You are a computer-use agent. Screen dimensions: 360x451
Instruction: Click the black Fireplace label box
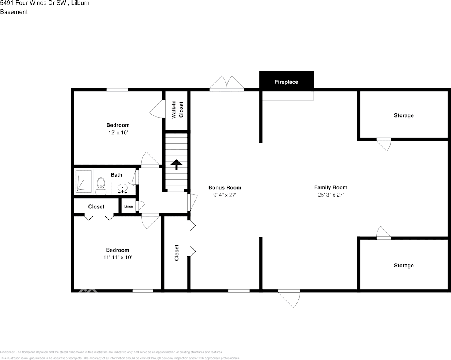coord(286,82)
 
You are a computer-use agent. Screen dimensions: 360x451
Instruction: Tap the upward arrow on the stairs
coord(176,164)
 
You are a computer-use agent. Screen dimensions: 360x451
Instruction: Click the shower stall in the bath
coord(84,181)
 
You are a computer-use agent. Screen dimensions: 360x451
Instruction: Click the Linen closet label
coord(129,206)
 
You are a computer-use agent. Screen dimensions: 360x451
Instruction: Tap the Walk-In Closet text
coord(177,110)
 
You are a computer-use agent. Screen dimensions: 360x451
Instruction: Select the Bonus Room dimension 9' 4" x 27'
coord(225,195)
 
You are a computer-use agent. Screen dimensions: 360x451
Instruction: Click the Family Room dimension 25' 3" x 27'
coord(331,195)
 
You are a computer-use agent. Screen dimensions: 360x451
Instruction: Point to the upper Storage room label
coord(404,115)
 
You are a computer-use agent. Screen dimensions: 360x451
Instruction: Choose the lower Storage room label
coord(404,266)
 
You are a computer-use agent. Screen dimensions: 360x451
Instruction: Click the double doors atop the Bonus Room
coord(227,84)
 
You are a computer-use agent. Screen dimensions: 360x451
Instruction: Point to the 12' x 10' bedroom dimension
coord(118,133)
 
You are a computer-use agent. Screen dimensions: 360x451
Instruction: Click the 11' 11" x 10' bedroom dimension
coord(118,258)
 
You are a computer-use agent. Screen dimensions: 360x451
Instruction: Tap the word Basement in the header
coord(14,12)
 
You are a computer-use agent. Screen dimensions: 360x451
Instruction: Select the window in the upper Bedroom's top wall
coord(117,90)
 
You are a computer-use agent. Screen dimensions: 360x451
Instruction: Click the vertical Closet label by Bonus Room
coord(177,253)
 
